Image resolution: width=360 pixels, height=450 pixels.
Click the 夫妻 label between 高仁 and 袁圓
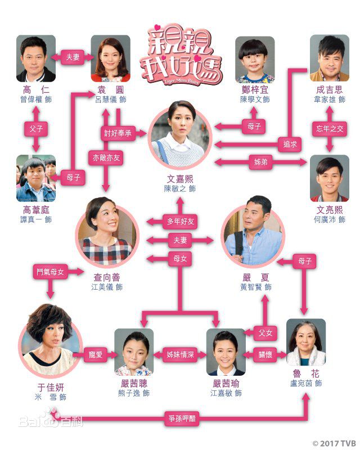point(73,57)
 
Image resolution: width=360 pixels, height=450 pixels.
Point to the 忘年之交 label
point(329,129)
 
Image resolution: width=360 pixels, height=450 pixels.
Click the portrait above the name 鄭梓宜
point(255,59)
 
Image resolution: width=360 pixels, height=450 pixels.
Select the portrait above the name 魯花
point(306,343)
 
